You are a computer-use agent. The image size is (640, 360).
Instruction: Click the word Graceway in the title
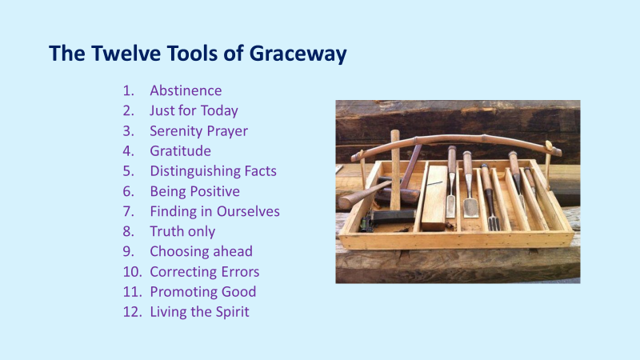click(298, 54)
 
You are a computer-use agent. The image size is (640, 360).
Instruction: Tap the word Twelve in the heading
click(126, 53)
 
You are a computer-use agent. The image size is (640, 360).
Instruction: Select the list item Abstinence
click(186, 90)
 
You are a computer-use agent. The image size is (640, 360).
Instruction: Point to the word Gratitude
click(181, 151)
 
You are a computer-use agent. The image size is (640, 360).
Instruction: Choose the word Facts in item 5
click(261, 171)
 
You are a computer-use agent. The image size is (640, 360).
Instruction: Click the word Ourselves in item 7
click(248, 211)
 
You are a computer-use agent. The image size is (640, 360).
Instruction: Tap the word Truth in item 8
click(166, 231)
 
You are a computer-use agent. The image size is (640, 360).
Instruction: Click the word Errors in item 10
click(241, 272)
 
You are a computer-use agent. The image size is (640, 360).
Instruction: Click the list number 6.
click(128, 191)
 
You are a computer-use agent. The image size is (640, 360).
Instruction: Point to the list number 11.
click(132, 292)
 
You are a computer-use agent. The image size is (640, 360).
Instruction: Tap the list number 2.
click(128, 110)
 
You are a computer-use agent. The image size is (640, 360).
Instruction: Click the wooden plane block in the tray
click(434, 197)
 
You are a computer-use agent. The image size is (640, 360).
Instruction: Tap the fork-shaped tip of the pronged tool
click(494, 223)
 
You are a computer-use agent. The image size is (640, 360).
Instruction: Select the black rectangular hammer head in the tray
click(393, 216)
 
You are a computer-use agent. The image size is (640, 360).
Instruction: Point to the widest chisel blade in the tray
click(470, 208)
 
